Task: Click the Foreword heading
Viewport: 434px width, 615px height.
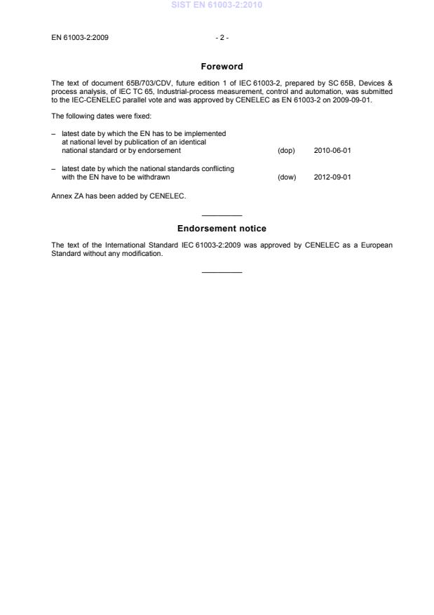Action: pyautogui.click(x=222, y=67)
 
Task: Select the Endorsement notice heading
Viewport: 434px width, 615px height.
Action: pyautogui.click(x=222, y=229)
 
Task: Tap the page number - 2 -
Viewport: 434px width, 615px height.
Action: pyautogui.click(x=222, y=37)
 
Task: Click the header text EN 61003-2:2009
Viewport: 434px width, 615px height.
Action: pyautogui.click(x=80, y=37)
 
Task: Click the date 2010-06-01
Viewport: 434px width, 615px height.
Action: pyautogui.click(x=332, y=150)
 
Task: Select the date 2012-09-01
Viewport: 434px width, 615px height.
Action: pyautogui.click(x=332, y=177)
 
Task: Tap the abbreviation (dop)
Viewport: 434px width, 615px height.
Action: pyautogui.click(x=286, y=150)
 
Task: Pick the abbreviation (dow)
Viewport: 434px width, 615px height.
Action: pyautogui.click(x=287, y=177)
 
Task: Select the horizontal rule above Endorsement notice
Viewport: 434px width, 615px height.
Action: pyautogui.click(x=222, y=215)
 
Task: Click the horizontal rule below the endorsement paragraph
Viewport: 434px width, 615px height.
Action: pyautogui.click(x=222, y=272)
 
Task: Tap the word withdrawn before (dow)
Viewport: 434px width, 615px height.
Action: pyautogui.click(x=154, y=177)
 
